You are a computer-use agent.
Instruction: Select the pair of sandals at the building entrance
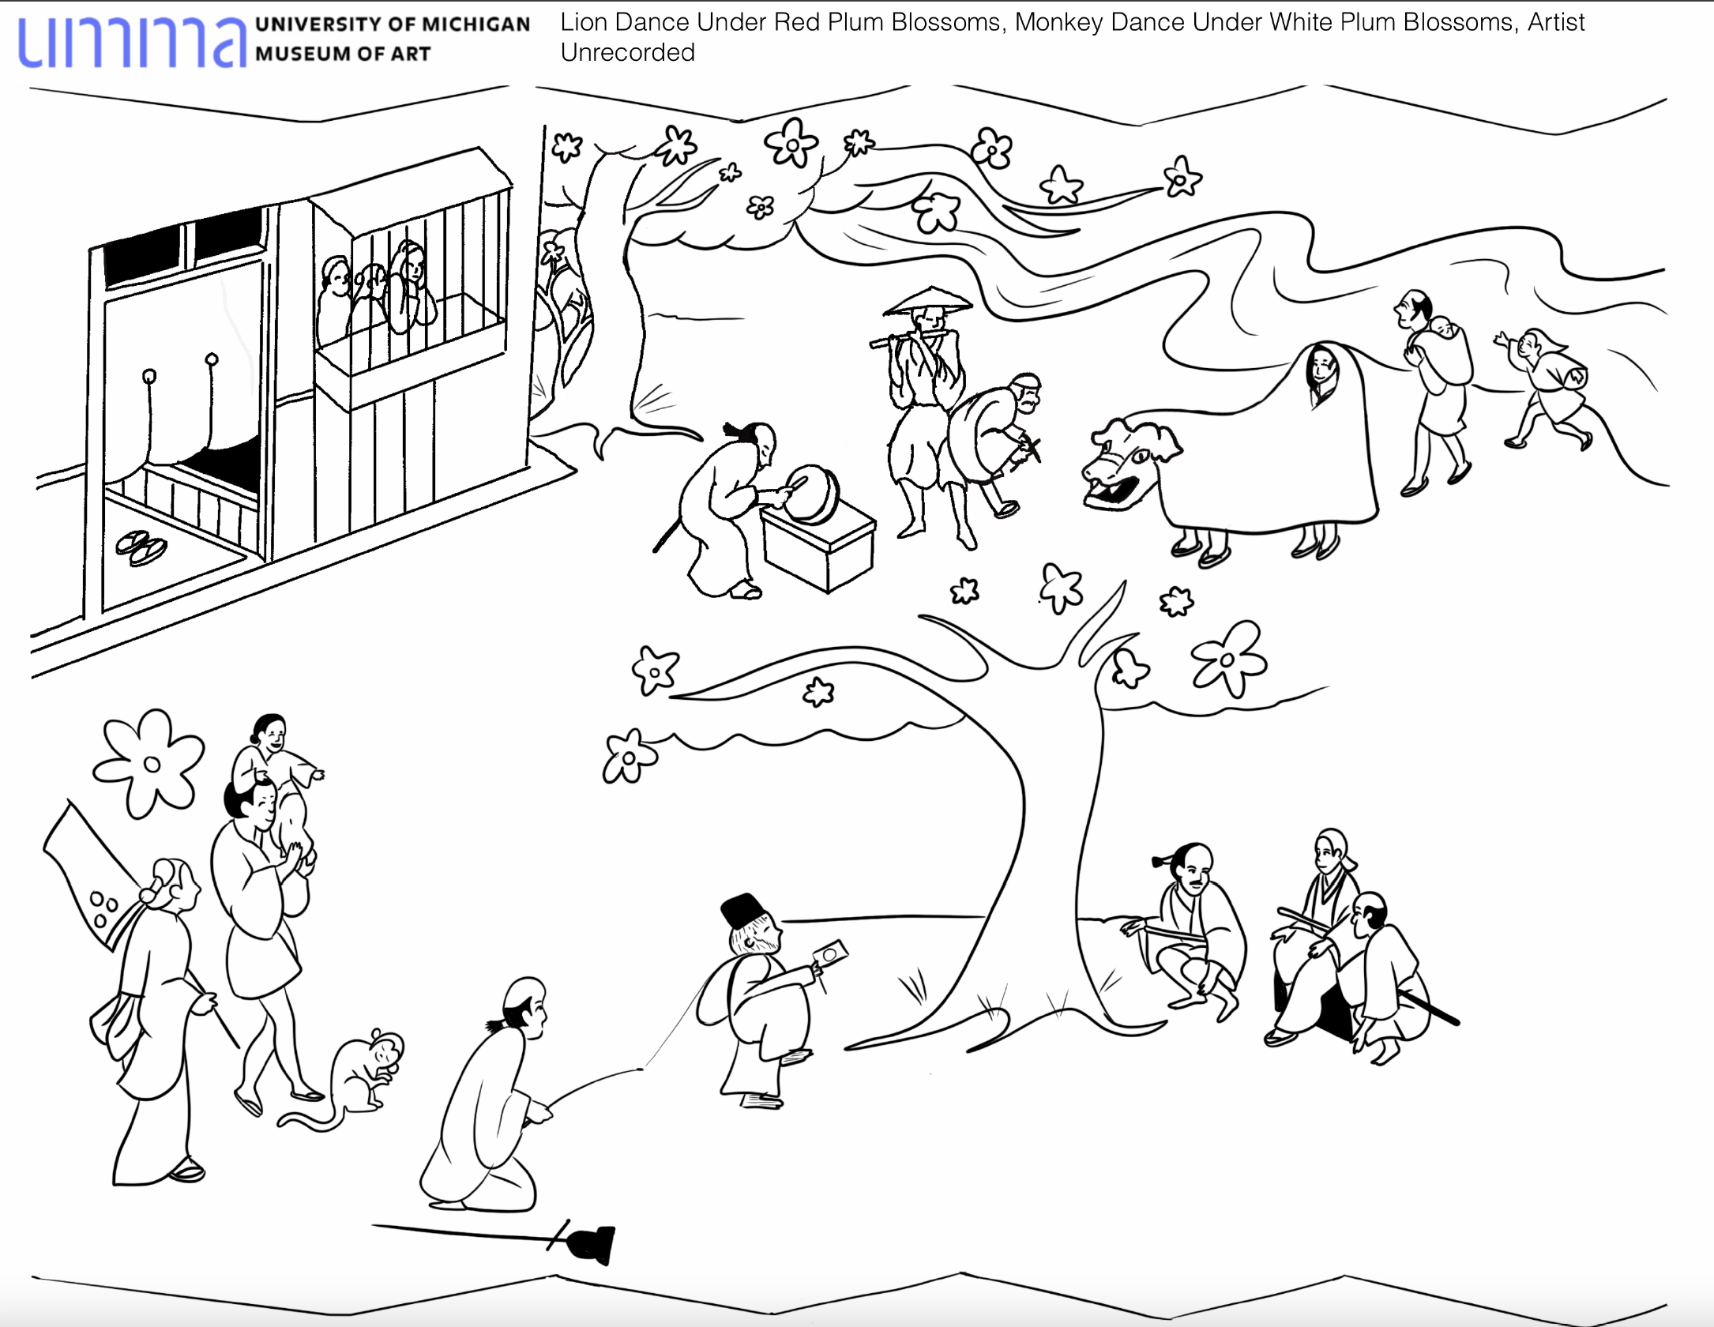142,547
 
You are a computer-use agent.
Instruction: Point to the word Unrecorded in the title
627,53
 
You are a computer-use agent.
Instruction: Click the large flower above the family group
148,761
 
